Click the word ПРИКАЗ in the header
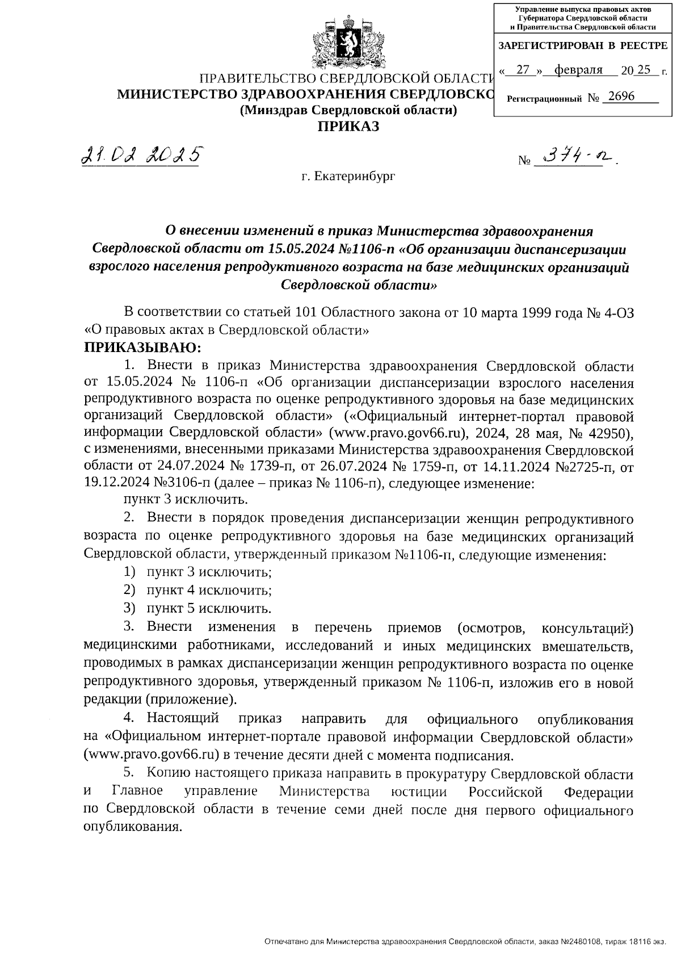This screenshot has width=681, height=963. click(x=347, y=126)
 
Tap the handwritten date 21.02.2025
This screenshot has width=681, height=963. click(x=141, y=153)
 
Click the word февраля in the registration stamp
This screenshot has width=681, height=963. click(x=578, y=70)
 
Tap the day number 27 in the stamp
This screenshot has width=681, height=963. click(x=523, y=70)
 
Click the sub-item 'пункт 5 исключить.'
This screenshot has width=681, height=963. click(x=208, y=609)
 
